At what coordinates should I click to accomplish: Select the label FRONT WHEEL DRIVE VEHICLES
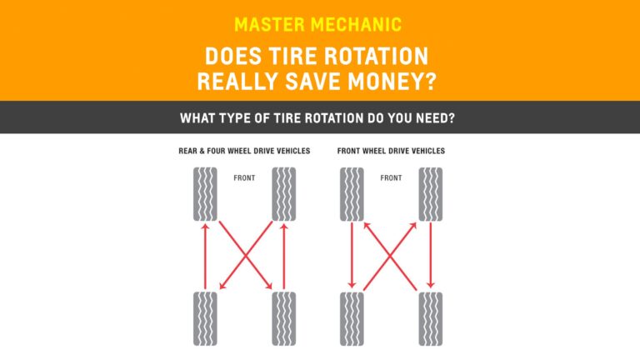point(391,151)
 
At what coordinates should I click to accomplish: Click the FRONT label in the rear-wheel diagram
point(245,177)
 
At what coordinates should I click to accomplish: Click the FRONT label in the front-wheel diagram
point(391,177)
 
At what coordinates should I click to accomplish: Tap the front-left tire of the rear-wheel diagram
point(205,194)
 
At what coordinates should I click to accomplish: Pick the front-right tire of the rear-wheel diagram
point(283,194)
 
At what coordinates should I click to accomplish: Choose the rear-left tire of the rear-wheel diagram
point(205,318)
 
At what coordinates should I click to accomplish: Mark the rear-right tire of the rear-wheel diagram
point(283,318)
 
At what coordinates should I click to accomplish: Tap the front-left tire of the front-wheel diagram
point(352,194)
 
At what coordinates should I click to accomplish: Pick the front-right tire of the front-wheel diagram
point(430,194)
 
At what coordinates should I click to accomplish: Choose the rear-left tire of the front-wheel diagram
point(352,318)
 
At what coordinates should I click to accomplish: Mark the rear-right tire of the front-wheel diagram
point(430,318)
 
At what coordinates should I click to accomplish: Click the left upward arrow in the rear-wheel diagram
point(205,256)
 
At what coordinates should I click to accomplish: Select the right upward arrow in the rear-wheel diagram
point(283,256)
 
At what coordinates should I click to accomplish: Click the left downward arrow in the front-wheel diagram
point(352,256)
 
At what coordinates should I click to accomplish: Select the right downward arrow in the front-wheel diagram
point(430,256)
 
